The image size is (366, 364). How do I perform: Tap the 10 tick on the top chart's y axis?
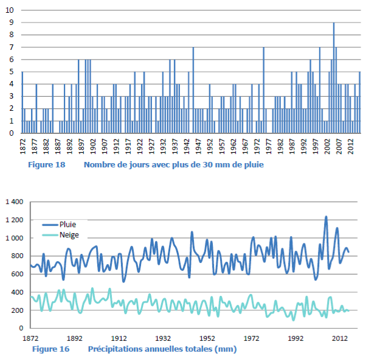[x=10, y=10]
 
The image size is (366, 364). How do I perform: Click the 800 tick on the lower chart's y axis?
[x=18, y=256]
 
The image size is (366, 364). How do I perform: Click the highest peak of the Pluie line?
[x=326, y=217]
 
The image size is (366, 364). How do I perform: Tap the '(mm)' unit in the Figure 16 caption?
[x=226, y=349]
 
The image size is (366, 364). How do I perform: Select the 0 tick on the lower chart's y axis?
[x=21, y=328]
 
